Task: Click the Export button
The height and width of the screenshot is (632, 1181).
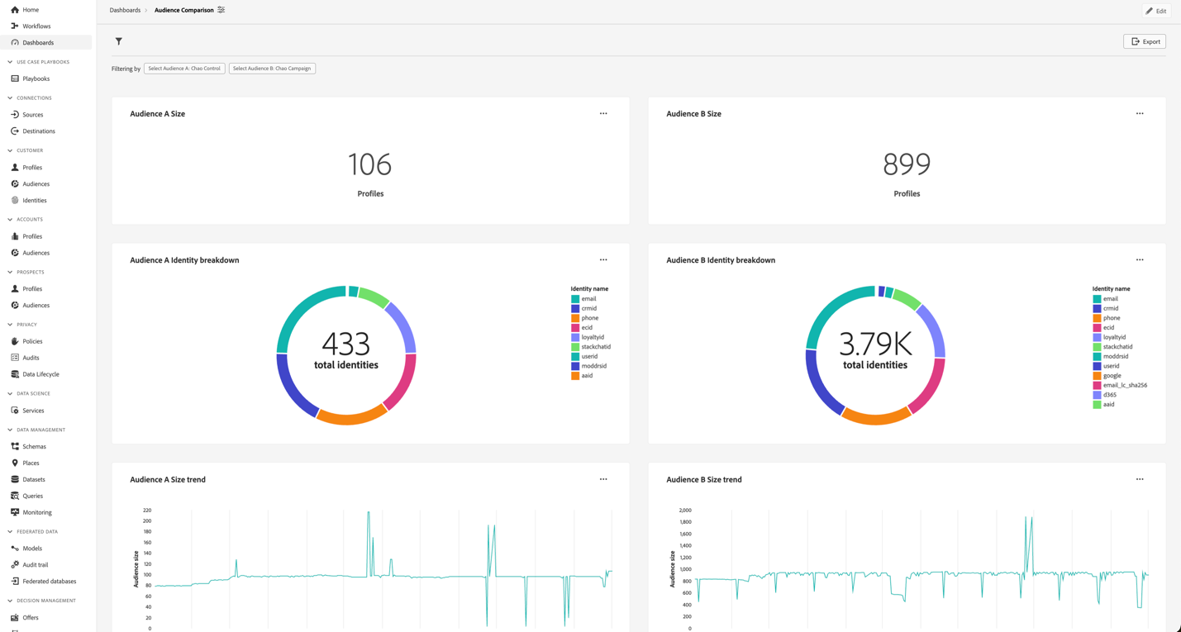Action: [x=1144, y=41]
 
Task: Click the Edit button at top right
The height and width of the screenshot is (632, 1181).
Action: [x=1155, y=11]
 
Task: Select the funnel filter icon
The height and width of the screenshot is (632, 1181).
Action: [x=119, y=41]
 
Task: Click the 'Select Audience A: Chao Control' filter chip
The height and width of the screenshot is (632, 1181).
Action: [x=184, y=69]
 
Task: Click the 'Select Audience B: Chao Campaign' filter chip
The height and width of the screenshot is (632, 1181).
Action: [x=272, y=69]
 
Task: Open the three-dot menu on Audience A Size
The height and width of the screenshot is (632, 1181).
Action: [x=603, y=114]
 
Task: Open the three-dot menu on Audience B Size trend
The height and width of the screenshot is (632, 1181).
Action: [x=1140, y=479]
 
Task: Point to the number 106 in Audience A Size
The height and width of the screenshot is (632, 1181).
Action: [x=369, y=164]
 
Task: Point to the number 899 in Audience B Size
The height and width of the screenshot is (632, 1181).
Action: [x=907, y=164]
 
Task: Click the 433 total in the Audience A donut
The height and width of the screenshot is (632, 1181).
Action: [x=346, y=344]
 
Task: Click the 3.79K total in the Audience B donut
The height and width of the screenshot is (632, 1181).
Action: [x=875, y=344]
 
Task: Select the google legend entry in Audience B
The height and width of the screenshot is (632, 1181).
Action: [x=1112, y=376]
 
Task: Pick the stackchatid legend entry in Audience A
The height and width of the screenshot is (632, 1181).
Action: [x=595, y=347]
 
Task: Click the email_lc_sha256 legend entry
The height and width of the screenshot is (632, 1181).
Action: [x=1125, y=385]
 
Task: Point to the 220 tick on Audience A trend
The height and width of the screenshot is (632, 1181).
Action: [x=147, y=511]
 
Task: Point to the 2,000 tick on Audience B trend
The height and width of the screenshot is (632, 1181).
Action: [x=684, y=511]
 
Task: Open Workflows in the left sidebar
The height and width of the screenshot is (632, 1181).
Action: [x=36, y=26]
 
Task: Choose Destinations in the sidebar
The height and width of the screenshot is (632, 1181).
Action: [x=39, y=131]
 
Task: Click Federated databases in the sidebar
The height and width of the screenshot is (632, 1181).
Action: [x=49, y=582]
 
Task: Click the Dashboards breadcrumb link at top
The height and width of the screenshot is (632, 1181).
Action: [x=125, y=11]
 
